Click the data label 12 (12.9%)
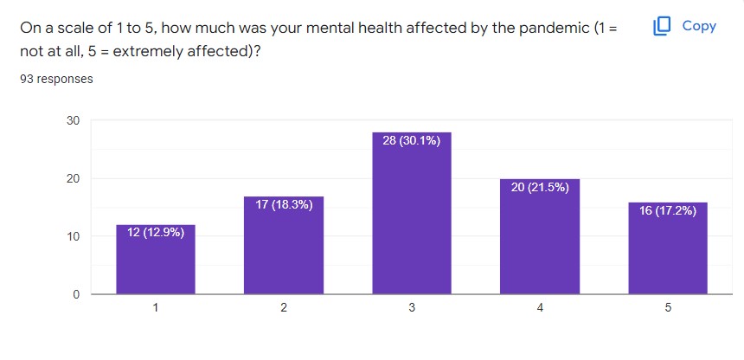click(156, 232)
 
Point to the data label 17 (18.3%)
click(284, 204)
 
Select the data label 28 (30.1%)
click(411, 140)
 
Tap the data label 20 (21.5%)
click(539, 187)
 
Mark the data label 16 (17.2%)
click(667, 210)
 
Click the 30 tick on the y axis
click(73, 120)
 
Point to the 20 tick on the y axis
click(73, 178)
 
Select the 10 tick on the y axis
click(73, 236)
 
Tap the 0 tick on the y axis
click(76, 294)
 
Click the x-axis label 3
click(411, 308)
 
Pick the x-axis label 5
click(667, 308)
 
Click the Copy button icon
click(663, 26)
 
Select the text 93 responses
click(56, 79)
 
